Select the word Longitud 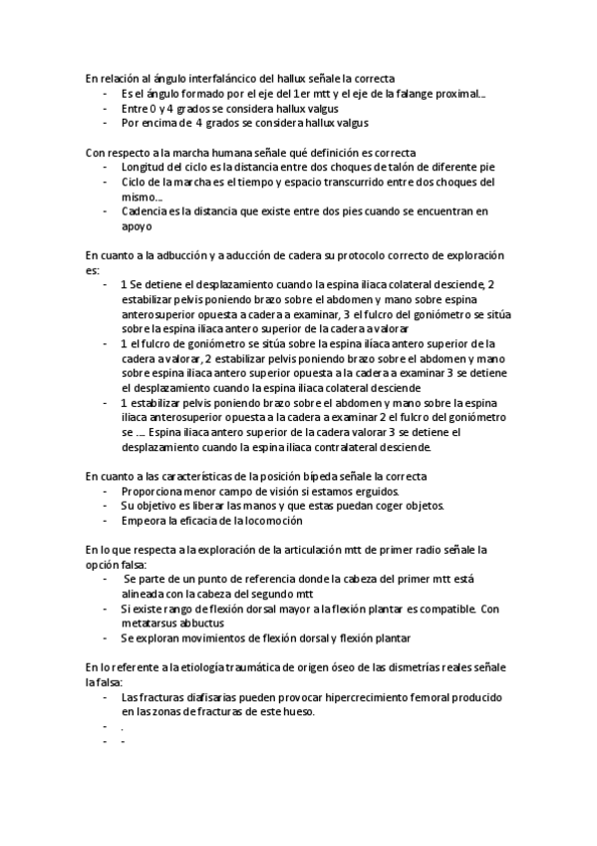(x=142, y=167)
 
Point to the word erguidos (x=376, y=491)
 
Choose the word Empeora (x=144, y=520)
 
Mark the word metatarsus (x=150, y=623)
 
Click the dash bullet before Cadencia (x=106, y=211)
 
